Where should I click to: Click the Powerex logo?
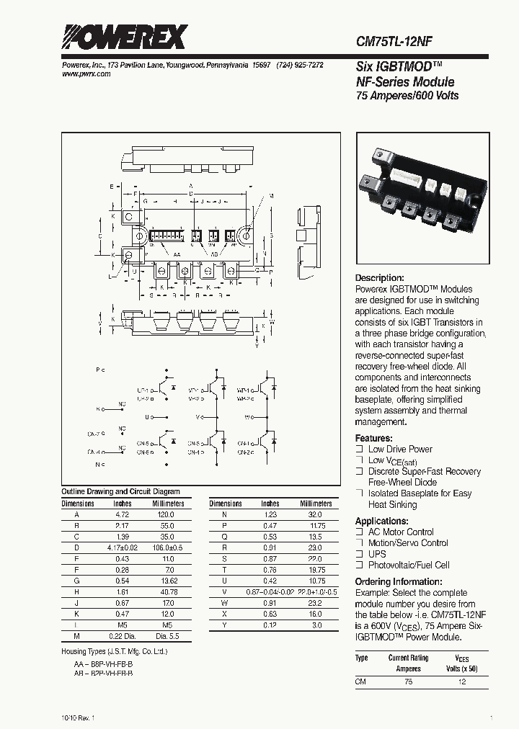pos(124,37)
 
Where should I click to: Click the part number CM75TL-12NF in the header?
pos(394,43)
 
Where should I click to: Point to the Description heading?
pos(380,278)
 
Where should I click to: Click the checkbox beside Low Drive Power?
pos(359,449)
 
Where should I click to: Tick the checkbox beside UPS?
pos(359,554)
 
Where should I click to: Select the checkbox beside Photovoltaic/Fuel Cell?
pos(359,565)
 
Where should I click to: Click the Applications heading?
pos(381,521)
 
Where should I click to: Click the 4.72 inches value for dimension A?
pos(123,515)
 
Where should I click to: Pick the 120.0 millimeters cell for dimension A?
pos(165,515)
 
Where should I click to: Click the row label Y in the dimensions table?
pos(225,625)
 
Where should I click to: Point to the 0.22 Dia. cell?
pos(123,636)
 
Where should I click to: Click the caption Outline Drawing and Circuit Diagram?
pos(120,491)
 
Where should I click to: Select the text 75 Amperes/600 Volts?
pos(408,96)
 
